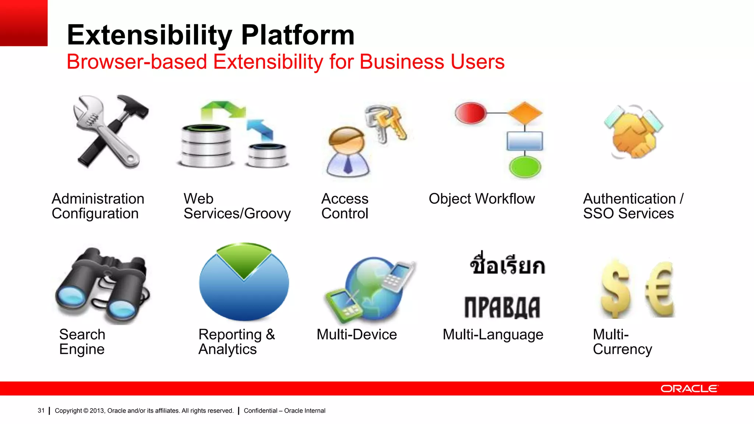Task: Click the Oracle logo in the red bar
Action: (689, 389)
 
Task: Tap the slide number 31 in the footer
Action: (41, 410)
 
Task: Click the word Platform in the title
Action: (297, 35)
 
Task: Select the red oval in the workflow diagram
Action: (471, 113)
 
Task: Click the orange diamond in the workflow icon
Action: (525, 113)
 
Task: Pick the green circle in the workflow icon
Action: (525, 167)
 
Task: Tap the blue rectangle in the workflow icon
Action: (525, 141)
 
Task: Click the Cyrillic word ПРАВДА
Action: (502, 307)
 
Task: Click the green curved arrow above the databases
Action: (223, 109)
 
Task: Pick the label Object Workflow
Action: (482, 199)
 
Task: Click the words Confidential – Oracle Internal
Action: (284, 410)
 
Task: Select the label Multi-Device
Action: (356, 335)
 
